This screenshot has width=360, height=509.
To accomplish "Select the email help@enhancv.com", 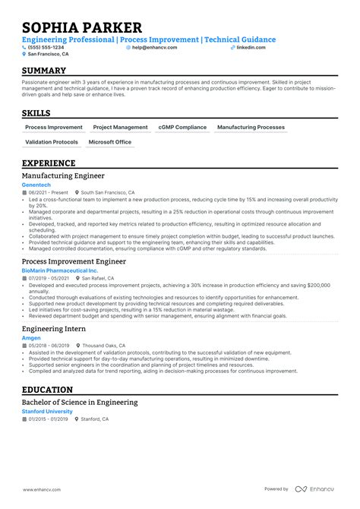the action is point(154,47).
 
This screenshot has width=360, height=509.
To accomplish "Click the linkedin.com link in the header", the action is point(251,47).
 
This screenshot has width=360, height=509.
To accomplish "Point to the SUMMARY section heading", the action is point(44,71).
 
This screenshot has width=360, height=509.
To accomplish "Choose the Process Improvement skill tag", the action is point(54,128).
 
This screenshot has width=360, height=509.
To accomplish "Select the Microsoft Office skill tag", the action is point(110,142).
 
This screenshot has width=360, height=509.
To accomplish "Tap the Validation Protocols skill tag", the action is point(52,142).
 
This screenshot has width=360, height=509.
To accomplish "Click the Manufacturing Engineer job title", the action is point(63,175).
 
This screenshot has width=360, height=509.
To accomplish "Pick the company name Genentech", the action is point(37,185).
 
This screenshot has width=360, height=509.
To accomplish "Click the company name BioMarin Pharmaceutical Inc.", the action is point(60,270).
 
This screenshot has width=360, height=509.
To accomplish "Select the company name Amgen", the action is point(31,337).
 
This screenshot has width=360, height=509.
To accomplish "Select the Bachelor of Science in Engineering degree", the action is point(80,402).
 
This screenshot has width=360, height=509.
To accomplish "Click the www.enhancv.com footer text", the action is point(43,489).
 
